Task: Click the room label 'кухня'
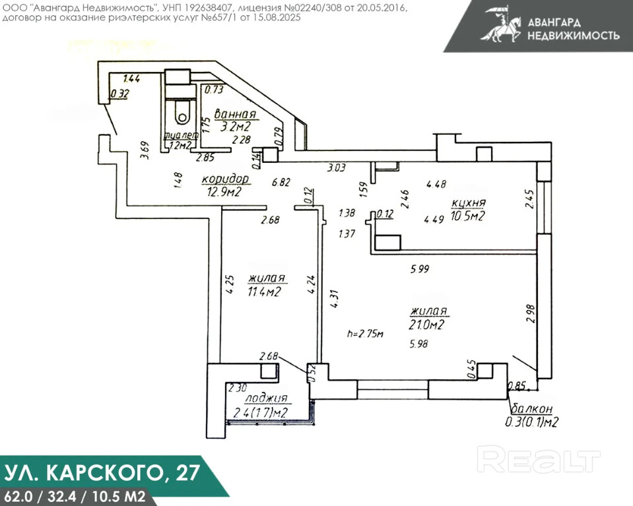click(469, 203)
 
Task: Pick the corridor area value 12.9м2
click(224, 192)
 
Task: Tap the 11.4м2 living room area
click(265, 291)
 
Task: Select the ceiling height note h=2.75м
click(365, 334)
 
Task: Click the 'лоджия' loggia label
click(266, 399)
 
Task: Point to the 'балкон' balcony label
click(531, 410)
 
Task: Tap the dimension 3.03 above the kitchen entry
click(336, 168)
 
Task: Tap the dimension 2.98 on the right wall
click(529, 313)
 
